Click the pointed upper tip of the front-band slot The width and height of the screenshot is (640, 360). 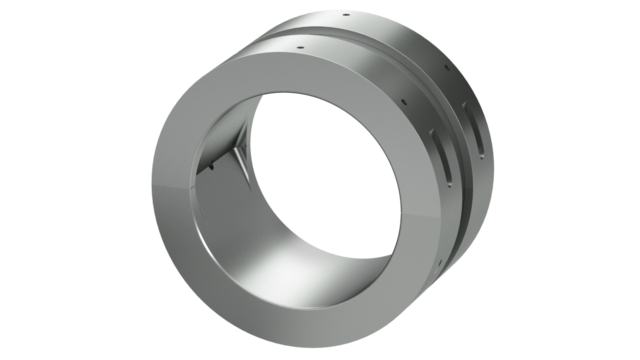(x=437, y=131)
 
